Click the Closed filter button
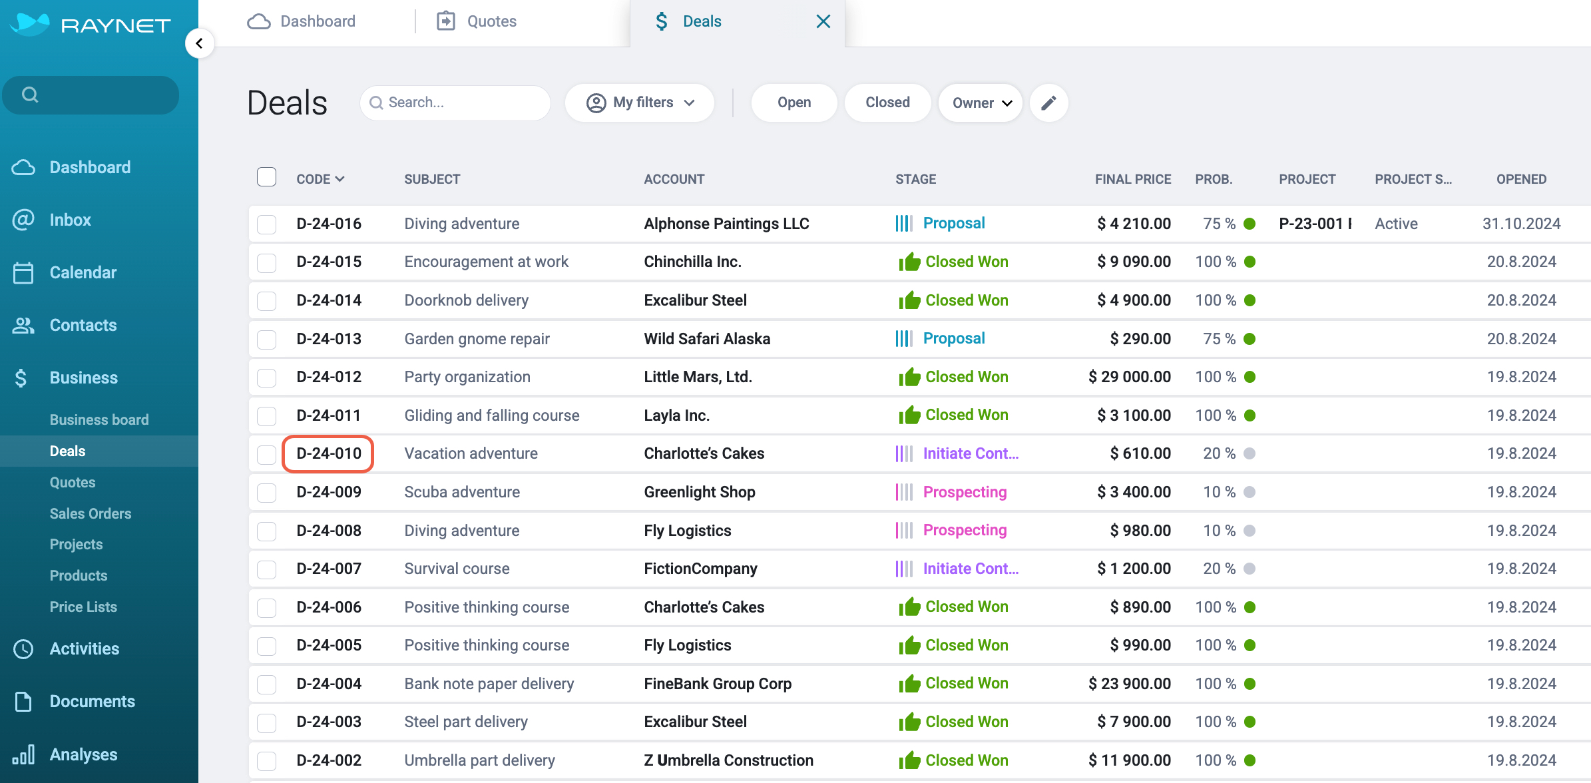[x=887, y=103]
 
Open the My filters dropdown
[x=640, y=103]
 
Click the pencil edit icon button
[x=1048, y=103]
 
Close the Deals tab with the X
[x=823, y=21]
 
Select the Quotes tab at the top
[x=477, y=21]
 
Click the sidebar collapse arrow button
[x=199, y=43]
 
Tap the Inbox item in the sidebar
[x=70, y=220]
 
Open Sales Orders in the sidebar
[x=91, y=513]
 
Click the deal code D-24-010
[x=329, y=453]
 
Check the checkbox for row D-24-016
[x=267, y=224]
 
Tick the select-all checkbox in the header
[x=267, y=177]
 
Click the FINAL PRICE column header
[x=1133, y=179]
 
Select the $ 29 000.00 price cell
[x=1130, y=377]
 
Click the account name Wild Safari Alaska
[x=707, y=339]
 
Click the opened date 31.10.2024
[x=1521, y=224]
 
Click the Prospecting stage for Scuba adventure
[x=965, y=492]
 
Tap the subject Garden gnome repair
[x=477, y=339]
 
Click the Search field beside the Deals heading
[x=455, y=103]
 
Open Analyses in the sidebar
[x=83, y=754]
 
